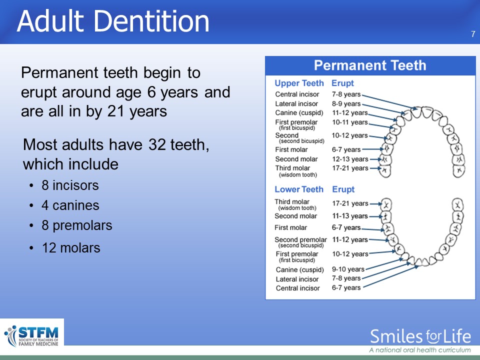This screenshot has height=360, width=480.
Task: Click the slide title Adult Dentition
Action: (113, 21)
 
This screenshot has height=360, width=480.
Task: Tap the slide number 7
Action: (473, 34)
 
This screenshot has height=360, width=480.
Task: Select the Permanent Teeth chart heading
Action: (370, 65)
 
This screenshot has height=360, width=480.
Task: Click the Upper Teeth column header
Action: (299, 83)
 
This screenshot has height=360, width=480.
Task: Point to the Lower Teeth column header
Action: (299, 189)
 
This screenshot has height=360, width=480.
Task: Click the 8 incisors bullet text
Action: (70, 185)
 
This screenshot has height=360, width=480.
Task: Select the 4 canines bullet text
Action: (70, 205)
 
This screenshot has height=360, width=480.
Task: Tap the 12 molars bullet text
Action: (71, 248)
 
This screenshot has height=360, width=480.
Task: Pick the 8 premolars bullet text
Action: (77, 225)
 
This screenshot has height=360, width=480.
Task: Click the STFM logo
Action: (32, 336)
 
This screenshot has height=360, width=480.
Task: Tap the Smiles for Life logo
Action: (420, 340)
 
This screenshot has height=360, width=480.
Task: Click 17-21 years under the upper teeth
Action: (350, 168)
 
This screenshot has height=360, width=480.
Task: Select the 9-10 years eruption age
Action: (348, 269)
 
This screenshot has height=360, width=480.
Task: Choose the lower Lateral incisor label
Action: (297, 279)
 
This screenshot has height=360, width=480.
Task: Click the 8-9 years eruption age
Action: (346, 104)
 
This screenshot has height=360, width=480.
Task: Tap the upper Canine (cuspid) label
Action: (299, 113)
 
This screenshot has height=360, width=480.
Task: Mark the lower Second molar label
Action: (295, 216)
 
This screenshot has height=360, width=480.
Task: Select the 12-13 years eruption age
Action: (350, 159)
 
